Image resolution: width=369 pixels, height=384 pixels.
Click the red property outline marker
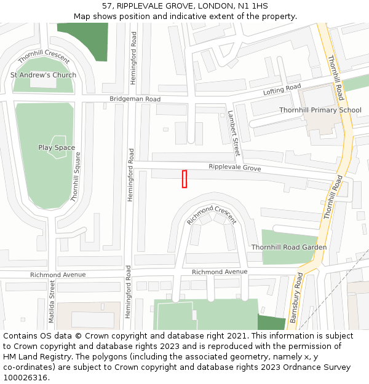[184, 179]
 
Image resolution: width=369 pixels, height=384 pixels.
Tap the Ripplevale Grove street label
[234, 168]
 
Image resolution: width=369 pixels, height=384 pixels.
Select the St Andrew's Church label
[43, 75]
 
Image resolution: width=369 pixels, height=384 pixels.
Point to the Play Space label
[57, 147]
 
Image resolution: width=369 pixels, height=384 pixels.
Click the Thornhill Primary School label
[320, 110]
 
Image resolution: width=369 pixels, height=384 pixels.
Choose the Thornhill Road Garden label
[288, 247]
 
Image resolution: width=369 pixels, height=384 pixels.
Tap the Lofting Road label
[282, 90]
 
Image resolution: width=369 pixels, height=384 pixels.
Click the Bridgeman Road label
[135, 99]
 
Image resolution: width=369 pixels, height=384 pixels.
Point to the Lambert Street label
[232, 133]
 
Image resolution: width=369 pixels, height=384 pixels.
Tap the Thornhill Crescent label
[43, 57]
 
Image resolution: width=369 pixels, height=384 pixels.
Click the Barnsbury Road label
[296, 298]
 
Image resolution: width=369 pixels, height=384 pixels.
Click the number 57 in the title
[106, 6]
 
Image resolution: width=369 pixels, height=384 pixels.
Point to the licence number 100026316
[26, 378]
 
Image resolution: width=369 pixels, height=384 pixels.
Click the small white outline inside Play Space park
[58, 147]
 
